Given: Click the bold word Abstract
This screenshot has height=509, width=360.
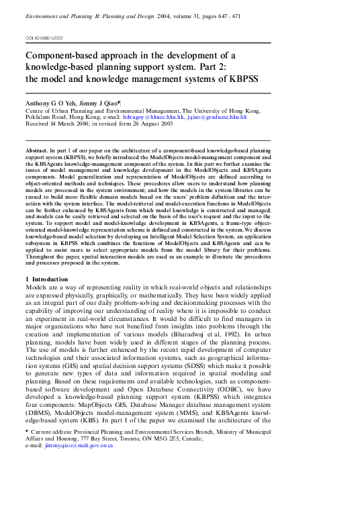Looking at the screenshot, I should (36, 152).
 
